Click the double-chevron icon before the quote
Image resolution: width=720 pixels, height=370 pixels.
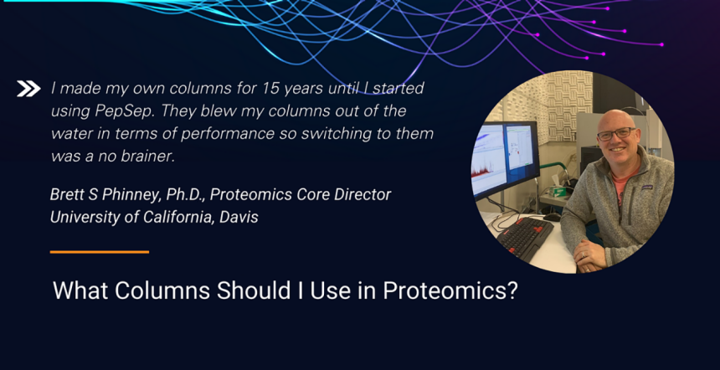pyautogui.click(x=28, y=89)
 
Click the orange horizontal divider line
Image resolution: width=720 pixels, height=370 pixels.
pyautogui.click(x=99, y=252)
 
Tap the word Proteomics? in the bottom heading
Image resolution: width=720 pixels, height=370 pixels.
pyautogui.click(x=450, y=290)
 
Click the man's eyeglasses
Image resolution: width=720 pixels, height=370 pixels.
pyautogui.click(x=616, y=134)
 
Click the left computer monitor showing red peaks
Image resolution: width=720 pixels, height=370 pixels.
pyautogui.click(x=488, y=163)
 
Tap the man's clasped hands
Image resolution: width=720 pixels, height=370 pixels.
pyautogui.click(x=593, y=257)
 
